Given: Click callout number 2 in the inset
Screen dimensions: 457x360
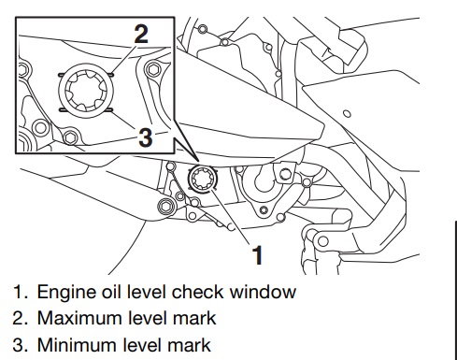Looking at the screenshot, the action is click(141, 34).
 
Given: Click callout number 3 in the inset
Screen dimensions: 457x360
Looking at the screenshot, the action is click(146, 137).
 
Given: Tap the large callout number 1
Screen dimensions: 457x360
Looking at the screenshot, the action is click(257, 255).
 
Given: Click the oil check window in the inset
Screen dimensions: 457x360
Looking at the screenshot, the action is click(86, 91).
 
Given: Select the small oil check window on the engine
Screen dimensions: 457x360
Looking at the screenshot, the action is click(203, 179).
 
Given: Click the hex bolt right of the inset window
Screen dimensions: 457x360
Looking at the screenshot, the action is click(153, 69).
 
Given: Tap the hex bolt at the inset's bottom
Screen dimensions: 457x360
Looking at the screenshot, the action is click(71, 137).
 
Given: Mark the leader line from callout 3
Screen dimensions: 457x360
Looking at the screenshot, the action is click(122, 120).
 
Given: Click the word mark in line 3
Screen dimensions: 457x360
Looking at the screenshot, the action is click(189, 345).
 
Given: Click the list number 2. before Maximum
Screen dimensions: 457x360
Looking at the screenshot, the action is click(21, 318).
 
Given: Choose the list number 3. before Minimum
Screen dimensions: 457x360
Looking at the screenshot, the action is click(21, 345).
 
